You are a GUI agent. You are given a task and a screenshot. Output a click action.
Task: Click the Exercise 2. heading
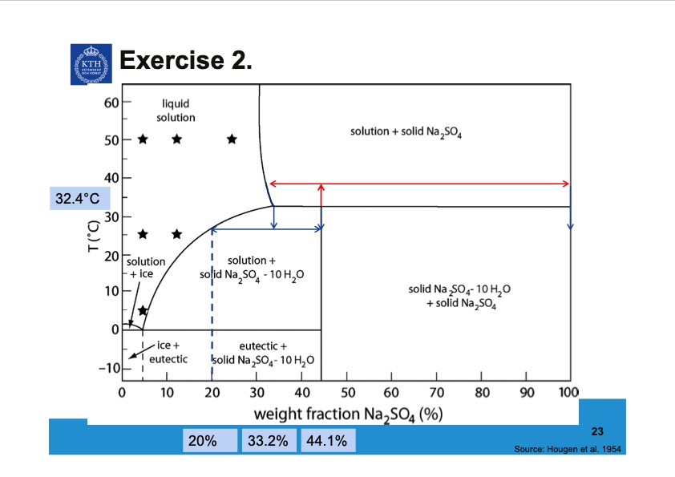[185, 60]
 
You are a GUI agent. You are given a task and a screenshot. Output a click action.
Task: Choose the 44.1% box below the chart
[329, 441]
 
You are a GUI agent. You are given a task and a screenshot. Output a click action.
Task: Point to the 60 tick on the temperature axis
[111, 103]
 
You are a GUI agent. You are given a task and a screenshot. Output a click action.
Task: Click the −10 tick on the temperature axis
[107, 368]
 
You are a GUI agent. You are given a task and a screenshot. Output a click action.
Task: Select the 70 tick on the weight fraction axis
[436, 393]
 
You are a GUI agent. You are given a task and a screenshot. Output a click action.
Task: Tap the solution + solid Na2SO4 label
[406, 131]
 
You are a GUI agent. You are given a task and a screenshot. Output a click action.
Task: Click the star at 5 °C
[143, 310]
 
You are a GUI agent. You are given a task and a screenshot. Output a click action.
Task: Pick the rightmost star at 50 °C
[232, 139]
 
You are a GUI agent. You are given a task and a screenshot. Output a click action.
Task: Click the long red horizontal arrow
[419, 184]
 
